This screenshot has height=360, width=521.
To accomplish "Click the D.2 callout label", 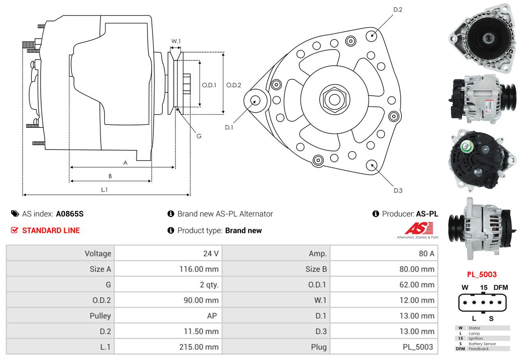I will pyautogui.click(x=397, y=9).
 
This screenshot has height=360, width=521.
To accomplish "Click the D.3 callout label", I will pyautogui.click(x=398, y=190).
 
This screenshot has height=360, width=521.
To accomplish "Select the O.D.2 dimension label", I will pyautogui.click(x=234, y=85).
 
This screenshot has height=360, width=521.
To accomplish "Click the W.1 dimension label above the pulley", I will pyautogui.click(x=176, y=41).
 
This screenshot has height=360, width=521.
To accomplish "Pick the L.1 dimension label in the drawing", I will pyautogui.click(x=104, y=189).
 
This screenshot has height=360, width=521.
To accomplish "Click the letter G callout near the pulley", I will pyautogui.click(x=199, y=136).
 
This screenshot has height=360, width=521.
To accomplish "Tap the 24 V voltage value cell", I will pyautogui.click(x=211, y=254).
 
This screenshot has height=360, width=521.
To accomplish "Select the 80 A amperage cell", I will pyautogui.click(x=426, y=254).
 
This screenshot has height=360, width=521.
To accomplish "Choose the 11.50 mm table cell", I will pyautogui.click(x=201, y=331).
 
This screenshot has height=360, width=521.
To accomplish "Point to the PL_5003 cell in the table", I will pyautogui.click(x=417, y=347).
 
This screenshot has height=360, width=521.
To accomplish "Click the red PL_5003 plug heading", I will pyautogui.click(x=482, y=275).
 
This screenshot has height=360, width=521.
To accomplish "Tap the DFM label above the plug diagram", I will pyautogui.click(x=501, y=288).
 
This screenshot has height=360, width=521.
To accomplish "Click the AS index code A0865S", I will pyautogui.click(x=70, y=214).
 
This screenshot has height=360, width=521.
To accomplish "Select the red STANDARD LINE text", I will pyautogui.click(x=51, y=231).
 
